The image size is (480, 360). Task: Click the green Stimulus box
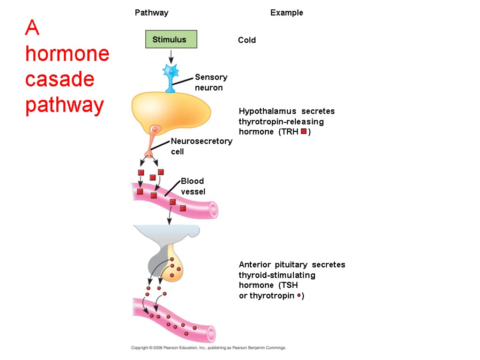[171, 39]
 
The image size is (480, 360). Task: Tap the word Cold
[247, 40]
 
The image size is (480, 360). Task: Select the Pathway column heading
[151, 13]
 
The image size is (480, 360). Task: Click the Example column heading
[286, 13]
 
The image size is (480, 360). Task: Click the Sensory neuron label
[211, 82]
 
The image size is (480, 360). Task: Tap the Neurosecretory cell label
[201, 146]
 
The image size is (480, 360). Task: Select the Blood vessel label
[193, 186]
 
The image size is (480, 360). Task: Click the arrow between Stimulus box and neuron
[171, 57]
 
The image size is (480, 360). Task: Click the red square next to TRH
[304, 132]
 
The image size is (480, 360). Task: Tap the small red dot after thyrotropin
[299, 296]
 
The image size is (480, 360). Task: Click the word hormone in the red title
[67, 54]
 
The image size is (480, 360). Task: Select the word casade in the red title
[60, 80]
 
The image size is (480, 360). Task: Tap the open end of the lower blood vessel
[211, 334]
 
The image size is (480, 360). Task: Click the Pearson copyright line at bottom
[208, 348]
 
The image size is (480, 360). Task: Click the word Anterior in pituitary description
[256, 264]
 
